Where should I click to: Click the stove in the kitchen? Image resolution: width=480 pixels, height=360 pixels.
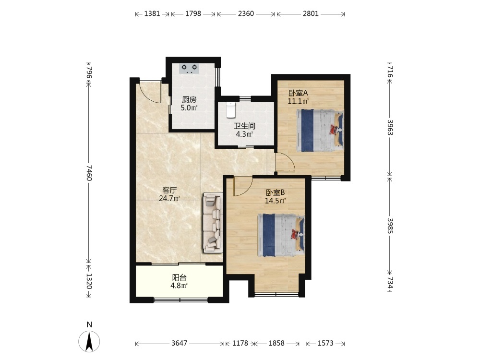tap(189, 69)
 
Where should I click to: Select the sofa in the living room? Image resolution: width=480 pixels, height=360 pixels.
tap(213, 223)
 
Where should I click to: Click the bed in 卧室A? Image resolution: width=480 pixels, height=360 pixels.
tap(320, 131)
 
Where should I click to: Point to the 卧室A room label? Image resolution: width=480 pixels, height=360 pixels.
tap(298, 93)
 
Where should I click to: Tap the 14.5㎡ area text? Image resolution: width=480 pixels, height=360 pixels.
tap(276, 201)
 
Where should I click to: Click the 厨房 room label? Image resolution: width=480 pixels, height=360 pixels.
tap(189, 99)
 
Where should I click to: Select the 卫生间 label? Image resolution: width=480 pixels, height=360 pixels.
tap(245, 126)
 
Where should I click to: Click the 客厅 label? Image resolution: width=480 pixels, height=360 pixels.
tap(169, 190)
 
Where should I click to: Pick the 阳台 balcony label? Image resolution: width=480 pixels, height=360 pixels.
tap(179, 277)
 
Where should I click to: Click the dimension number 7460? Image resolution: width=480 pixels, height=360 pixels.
tap(89, 173)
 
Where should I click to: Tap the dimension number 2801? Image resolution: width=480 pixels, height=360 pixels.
tap(311, 13)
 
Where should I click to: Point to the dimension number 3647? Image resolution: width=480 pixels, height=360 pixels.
tap(180, 343)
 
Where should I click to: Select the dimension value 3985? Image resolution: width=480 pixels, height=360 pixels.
tap(390, 226)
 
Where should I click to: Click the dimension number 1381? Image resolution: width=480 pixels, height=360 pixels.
tap(152, 13)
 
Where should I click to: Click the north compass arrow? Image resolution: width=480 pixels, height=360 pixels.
tap(89, 341)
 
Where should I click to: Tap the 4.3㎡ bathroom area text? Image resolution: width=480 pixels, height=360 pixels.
tap(244, 134)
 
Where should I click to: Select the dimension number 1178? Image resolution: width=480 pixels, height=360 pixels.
tap(240, 343)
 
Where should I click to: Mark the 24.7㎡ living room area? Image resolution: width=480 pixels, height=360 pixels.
tap(169, 198)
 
